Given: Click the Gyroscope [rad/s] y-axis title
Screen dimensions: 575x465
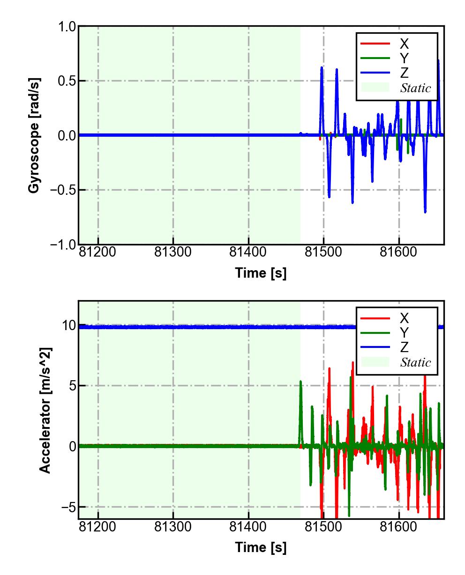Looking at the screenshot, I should coord(34,135).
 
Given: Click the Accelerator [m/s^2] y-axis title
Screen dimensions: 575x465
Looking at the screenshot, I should coord(45,410).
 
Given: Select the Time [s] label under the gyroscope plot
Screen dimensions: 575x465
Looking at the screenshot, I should coord(261,273).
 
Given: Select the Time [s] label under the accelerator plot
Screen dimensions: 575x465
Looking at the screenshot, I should coord(261,547).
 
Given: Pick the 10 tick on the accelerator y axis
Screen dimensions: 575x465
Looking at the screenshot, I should coord(68,325).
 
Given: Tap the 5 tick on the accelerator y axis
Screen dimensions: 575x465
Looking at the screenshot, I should coord(72,386).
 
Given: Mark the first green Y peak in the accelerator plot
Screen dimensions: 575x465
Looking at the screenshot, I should coord(300,382).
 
